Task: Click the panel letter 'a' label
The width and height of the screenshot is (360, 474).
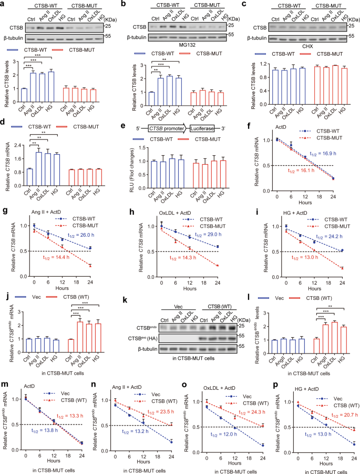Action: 4,4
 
